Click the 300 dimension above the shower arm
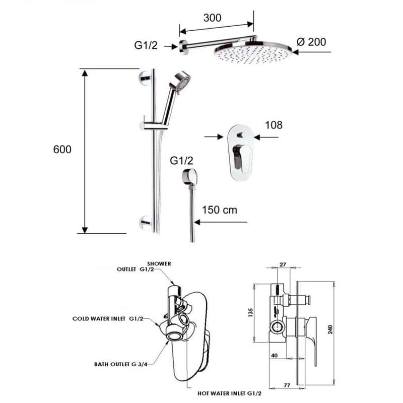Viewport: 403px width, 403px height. [212, 18]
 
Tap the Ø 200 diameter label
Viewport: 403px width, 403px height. [311, 42]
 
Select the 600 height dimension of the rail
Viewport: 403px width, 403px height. [62, 149]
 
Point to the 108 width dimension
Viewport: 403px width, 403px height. [274, 125]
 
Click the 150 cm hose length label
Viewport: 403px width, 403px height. [220, 210]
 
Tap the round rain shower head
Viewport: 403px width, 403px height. [253, 52]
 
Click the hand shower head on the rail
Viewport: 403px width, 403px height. [182, 81]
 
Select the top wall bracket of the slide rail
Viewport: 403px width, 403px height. [146, 78]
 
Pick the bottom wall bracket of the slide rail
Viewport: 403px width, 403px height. [146, 223]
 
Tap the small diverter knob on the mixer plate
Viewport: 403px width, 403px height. [241, 135]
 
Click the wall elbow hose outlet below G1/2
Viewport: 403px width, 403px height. [190, 177]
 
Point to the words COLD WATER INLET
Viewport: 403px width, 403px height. [99, 319]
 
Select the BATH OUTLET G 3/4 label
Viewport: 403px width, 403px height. [121, 364]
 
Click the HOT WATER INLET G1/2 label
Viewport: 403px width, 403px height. [230, 393]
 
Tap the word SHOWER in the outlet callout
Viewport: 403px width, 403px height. [159, 263]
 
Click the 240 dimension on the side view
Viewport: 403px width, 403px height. [330, 329]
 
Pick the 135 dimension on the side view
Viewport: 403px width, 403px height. [251, 312]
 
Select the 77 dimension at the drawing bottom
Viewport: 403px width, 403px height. [287, 385]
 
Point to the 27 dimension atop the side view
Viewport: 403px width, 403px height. [283, 264]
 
